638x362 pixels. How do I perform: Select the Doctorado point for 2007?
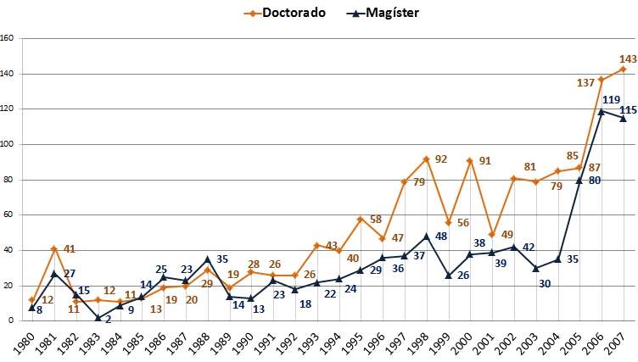pyautogui.click(x=624, y=69)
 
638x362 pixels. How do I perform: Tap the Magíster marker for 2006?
pyautogui.click(x=602, y=111)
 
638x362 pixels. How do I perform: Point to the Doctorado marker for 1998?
pyautogui.click(x=426, y=159)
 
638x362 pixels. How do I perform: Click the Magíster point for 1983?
pyautogui.click(x=98, y=318)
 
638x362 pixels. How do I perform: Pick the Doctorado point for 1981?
pyautogui.click(x=53, y=248)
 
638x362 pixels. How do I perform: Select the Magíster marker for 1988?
pyautogui.click(x=207, y=259)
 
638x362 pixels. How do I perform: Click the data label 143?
pyautogui.click(x=628, y=58)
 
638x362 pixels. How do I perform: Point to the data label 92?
pyautogui.click(x=441, y=159)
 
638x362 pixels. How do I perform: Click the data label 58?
pyautogui.click(x=376, y=220)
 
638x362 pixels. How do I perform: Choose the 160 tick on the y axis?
pyautogui.click(x=8, y=38)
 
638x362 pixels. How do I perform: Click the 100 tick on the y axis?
pyautogui.click(x=8, y=144)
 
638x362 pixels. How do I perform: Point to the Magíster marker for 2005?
pyautogui.click(x=580, y=180)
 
